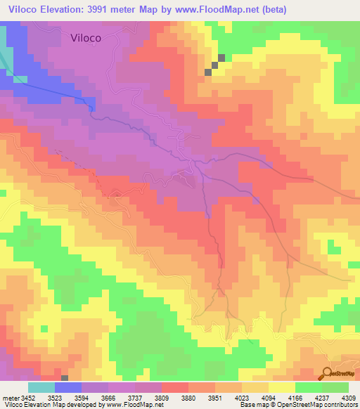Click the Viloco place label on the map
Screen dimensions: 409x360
[x=91, y=39]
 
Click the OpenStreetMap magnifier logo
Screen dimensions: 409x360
[x=328, y=374]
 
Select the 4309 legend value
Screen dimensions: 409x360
[x=349, y=398]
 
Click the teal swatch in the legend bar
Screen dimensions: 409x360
[x=41, y=387]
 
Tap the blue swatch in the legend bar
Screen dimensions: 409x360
[x=67, y=387]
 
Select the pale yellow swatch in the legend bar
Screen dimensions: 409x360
[x=282, y=387]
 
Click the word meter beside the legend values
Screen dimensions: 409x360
[x=8, y=398]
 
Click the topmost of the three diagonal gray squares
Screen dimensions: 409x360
[x=222, y=58]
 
